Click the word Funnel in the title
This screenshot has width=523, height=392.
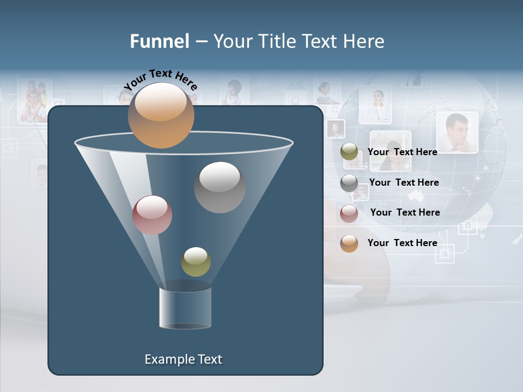[160, 41]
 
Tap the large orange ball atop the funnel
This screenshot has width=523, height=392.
[161, 115]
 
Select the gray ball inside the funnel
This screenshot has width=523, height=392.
[220, 187]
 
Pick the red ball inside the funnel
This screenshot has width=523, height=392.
[152, 215]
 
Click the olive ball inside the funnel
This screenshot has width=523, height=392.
[196, 261]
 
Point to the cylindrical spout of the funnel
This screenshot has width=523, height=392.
[185, 308]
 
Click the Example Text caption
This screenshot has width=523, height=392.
[184, 359]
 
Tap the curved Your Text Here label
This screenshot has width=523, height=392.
[161, 79]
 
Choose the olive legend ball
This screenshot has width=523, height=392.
[349, 152]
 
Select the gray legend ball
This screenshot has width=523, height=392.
[349, 183]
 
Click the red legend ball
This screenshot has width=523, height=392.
[349, 213]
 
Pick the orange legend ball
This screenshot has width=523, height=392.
[349, 243]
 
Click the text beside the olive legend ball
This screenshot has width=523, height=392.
[402, 152]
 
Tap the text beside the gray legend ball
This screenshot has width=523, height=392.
[404, 182]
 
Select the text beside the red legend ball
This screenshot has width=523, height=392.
[405, 212]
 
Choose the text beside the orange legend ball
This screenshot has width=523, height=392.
[402, 243]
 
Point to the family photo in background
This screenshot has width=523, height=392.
[34, 101]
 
